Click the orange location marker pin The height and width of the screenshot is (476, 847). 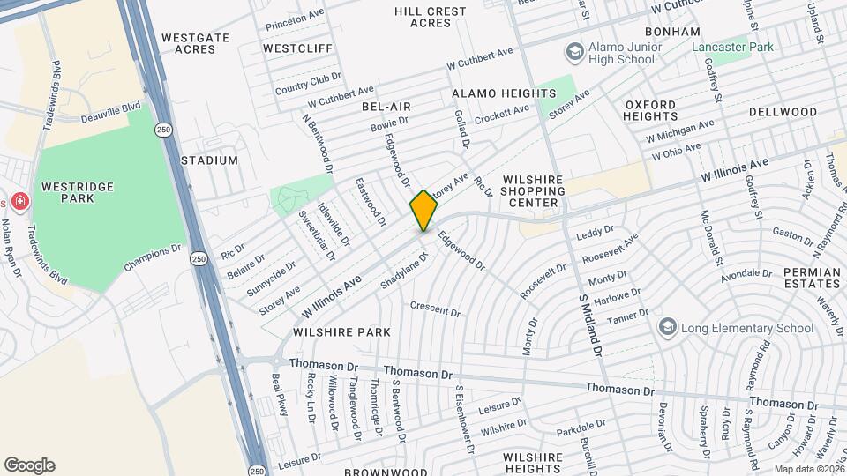423,211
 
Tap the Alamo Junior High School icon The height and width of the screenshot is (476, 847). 575,52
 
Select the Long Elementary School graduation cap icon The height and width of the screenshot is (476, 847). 668,328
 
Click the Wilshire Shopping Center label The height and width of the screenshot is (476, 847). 532,190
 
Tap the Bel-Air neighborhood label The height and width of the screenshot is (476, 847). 386,107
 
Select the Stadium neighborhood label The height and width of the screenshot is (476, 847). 209,160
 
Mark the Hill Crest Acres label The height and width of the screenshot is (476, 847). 431,17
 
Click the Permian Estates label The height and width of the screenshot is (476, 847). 811,278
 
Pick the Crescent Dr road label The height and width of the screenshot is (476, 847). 435,309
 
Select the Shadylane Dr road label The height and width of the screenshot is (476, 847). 403,269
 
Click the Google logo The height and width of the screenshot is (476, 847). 29,465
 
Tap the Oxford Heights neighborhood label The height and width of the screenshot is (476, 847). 650,110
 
